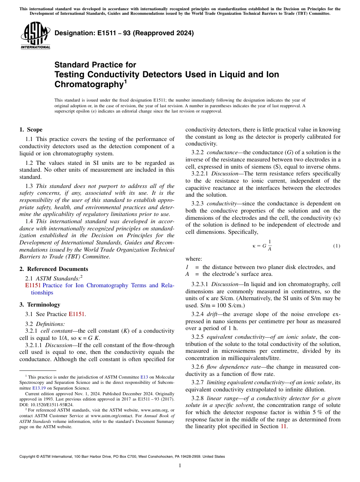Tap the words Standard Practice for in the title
point(95,65)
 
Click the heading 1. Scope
point(31,130)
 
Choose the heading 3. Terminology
point(40,305)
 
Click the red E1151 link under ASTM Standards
point(33,285)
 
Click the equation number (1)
point(337,246)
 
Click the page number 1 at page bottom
point(180,466)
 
